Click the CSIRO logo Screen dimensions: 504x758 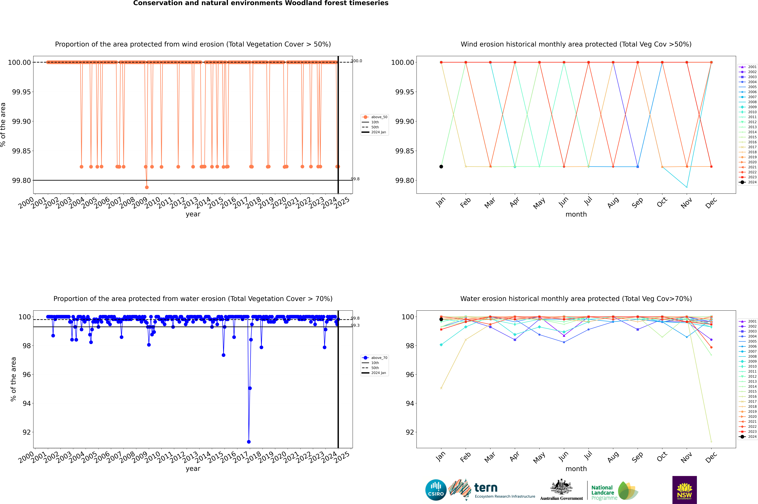point(436,490)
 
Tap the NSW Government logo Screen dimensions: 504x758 point(684,490)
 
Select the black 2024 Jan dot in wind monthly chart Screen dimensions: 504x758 point(441,166)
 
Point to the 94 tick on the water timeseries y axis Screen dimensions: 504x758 point(26,403)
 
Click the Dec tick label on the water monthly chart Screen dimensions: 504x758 point(711,457)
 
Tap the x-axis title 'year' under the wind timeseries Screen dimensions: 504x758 point(193,214)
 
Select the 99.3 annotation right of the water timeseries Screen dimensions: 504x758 point(355,325)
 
